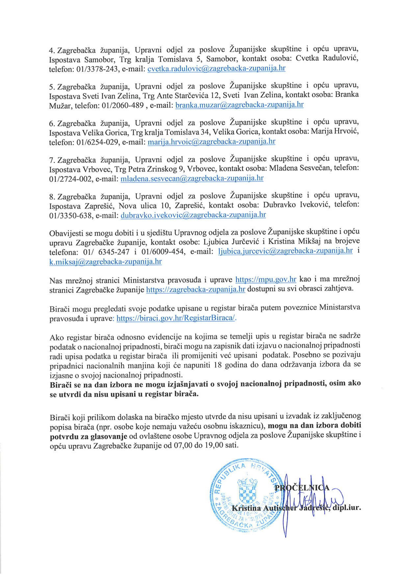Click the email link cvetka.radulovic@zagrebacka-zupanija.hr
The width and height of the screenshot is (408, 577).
tap(217, 69)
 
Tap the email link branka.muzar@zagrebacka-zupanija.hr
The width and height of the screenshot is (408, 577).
tap(240, 105)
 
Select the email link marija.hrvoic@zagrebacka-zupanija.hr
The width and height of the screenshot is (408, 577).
tap(212, 142)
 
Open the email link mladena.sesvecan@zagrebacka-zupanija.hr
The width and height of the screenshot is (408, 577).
tap(192, 178)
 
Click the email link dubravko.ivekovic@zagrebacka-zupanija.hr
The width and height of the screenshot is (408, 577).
tap(193, 215)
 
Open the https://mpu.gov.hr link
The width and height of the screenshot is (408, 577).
tap(266, 279)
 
